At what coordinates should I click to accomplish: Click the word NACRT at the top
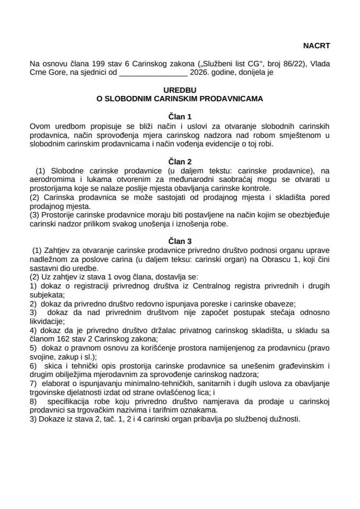(317, 46)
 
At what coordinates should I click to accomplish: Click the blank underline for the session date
(153, 73)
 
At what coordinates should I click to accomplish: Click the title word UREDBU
(180, 90)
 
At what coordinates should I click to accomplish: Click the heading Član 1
(180, 116)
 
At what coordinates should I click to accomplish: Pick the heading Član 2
(180, 161)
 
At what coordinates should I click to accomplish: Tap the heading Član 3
(180, 240)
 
